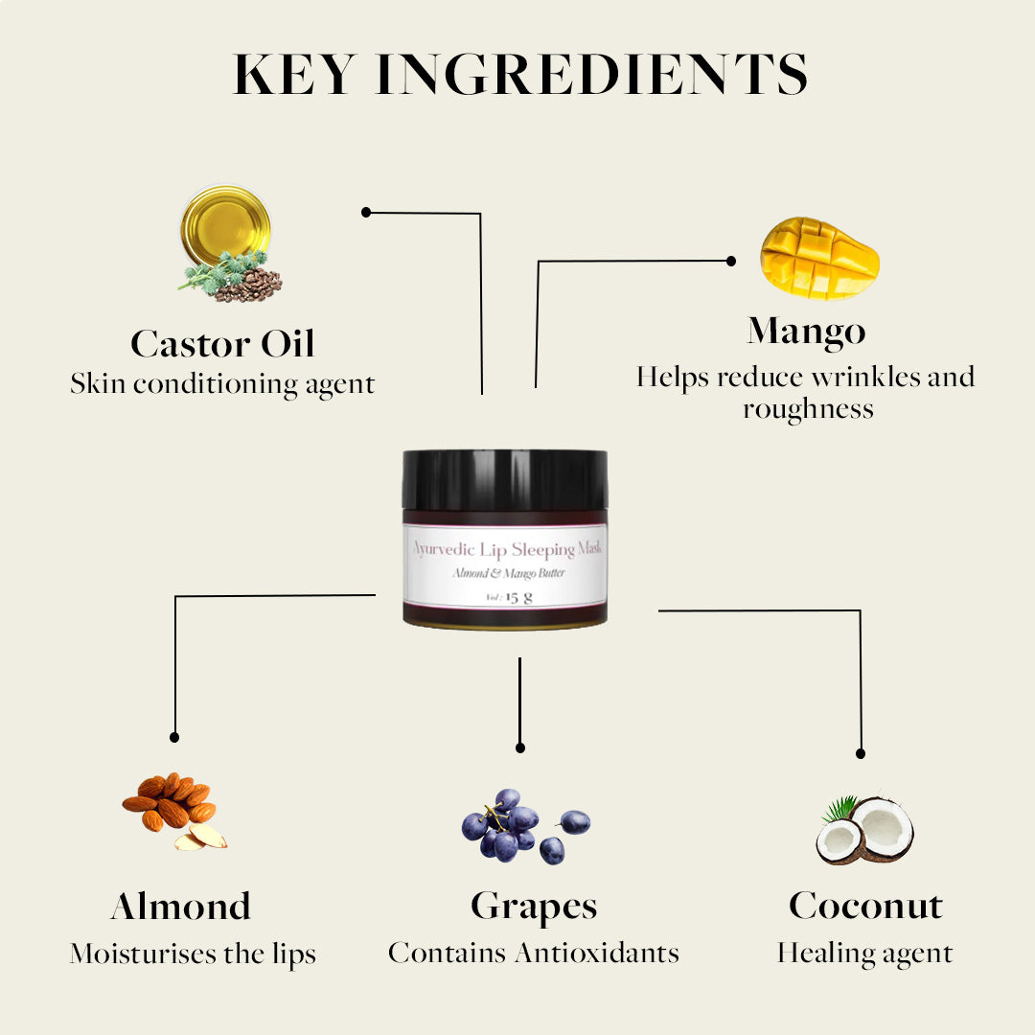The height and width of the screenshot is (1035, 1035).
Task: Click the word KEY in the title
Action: click(296, 74)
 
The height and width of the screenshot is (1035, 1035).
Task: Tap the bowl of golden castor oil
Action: click(226, 224)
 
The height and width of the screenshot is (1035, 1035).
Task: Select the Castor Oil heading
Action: click(222, 343)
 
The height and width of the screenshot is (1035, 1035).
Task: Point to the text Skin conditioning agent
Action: click(222, 384)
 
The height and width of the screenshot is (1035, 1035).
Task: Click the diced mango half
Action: click(819, 258)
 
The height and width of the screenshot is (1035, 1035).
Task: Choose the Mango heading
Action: click(806, 332)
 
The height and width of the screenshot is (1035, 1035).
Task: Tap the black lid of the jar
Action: click(505, 479)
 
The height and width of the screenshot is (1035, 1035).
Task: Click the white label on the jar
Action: click(505, 565)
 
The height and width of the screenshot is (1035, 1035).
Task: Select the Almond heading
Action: click(181, 906)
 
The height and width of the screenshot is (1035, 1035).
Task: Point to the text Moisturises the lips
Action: click(193, 954)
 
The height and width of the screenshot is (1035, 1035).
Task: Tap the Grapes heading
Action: click(534, 907)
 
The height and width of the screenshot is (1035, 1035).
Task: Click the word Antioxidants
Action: click(597, 954)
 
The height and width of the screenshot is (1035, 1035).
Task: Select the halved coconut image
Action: click(864, 830)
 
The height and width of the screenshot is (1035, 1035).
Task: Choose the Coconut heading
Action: click(865, 905)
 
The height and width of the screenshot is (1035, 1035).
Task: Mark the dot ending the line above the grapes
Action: click(520, 747)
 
